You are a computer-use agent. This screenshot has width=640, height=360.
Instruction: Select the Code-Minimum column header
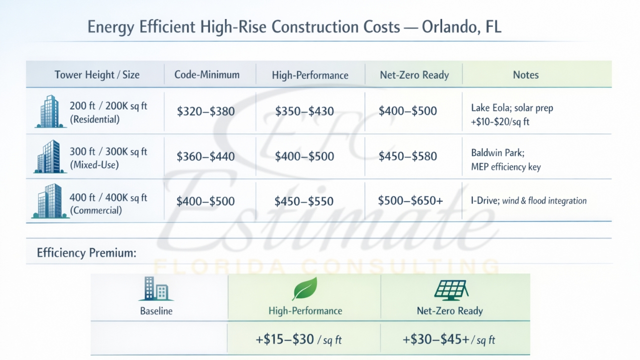[207, 75]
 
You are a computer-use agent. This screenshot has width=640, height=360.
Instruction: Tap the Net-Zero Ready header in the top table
[414, 75]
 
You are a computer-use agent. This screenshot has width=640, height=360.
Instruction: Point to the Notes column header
[525, 75]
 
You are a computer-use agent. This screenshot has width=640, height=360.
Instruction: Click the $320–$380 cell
[205, 111]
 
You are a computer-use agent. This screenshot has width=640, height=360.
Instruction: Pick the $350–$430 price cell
[304, 111]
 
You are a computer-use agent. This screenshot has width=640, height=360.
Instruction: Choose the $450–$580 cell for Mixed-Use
[407, 156]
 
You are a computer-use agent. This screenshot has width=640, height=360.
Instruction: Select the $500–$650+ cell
[410, 201]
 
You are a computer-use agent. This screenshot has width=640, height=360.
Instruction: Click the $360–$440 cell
[205, 156]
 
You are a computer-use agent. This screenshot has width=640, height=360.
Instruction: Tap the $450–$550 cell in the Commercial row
[304, 201]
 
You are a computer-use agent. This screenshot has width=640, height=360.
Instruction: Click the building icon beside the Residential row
[50, 112]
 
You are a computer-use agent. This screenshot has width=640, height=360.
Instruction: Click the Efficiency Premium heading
[86, 253]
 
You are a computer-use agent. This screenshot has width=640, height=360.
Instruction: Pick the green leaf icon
[304, 289]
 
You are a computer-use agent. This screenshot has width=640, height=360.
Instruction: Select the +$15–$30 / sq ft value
[298, 340]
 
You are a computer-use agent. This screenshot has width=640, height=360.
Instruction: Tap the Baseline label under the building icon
[156, 311]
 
